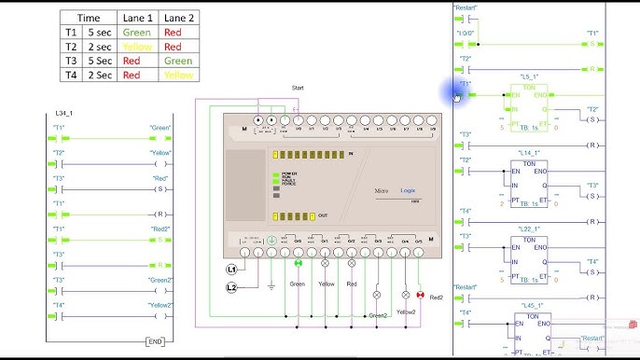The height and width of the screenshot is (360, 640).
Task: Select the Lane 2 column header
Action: [179, 17]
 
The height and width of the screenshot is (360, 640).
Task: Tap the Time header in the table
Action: [90, 17]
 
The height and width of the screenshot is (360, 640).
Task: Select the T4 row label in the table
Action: [71, 74]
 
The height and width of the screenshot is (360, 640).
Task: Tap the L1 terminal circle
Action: [232, 269]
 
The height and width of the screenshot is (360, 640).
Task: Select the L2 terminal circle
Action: [232, 287]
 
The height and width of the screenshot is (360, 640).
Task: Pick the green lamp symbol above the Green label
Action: [299, 264]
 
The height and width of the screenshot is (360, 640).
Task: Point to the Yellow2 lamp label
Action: [406, 312]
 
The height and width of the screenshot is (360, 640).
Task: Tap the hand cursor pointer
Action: [457, 94]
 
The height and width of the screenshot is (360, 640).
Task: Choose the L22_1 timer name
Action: [529, 228]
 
